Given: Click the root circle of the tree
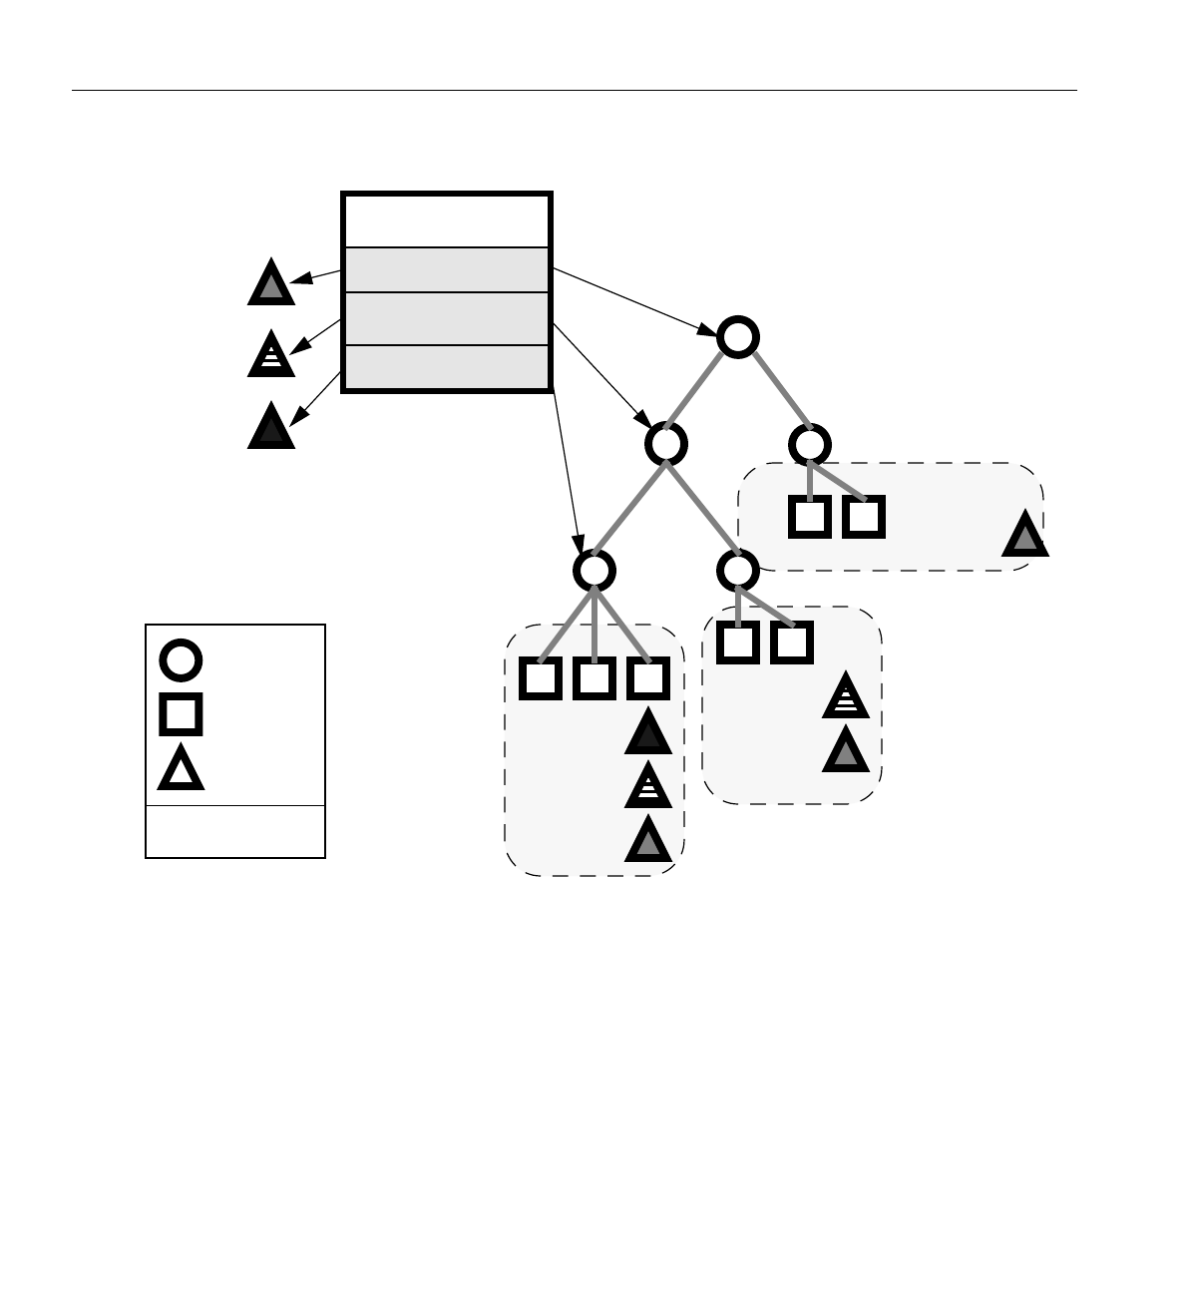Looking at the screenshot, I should coord(738,337).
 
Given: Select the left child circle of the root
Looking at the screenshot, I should coord(666,444).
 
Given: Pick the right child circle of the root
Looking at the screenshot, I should coord(810,444).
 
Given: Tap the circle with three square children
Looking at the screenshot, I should coord(594,571).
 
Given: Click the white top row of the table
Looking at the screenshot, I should coord(447,220).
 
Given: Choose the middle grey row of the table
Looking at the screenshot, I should coord(447,318).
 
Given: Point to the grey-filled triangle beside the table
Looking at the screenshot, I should coord(270,284).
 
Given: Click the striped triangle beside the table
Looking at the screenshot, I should coord(270,355).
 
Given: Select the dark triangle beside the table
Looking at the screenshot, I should coord(270,427).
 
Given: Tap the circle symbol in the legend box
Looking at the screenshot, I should coord(181,660).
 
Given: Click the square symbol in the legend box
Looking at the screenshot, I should coord(181,714).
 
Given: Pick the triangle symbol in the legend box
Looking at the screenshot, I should coord(181,770).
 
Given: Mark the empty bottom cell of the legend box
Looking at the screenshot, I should coord(235,831).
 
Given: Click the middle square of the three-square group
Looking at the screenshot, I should coord(594,678).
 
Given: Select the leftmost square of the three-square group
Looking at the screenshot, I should coord(541,678).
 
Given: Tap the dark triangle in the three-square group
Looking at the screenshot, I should coord(648,734).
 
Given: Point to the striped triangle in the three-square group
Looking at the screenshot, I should coord(648,786).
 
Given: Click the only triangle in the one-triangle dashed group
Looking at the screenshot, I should coord(1024,536).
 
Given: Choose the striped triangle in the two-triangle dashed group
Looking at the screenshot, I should coord(846,696).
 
